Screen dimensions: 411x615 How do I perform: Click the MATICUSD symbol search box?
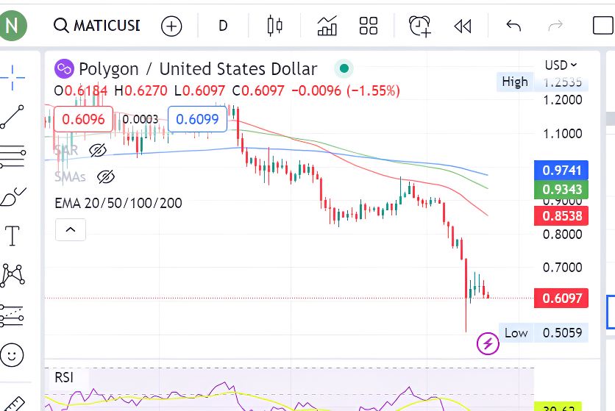[97, 26]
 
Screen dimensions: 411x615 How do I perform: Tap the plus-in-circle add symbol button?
[171, 26]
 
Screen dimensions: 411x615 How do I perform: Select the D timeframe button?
[223, 26]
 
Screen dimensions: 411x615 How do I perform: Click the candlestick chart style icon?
[275, 26]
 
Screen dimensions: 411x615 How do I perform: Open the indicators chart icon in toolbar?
[327, 26]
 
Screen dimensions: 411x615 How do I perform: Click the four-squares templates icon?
[369, 26]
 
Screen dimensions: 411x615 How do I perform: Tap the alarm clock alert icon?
[420, 26]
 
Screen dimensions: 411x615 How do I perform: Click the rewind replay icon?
[462, 26]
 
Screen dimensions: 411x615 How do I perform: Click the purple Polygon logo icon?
[65, 69]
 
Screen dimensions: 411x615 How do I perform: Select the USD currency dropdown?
[561, 65]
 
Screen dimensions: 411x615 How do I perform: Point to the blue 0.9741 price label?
[562, 171]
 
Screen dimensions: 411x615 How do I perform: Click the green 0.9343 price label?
[562, 190]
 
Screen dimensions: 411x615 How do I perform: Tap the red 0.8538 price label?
[562, 216]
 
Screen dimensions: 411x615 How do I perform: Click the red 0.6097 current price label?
[562, 298]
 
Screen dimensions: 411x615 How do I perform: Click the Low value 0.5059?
[562, 333]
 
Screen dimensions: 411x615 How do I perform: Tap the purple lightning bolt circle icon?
[488, 343]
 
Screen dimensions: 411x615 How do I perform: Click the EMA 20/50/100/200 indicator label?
[118, 203]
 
